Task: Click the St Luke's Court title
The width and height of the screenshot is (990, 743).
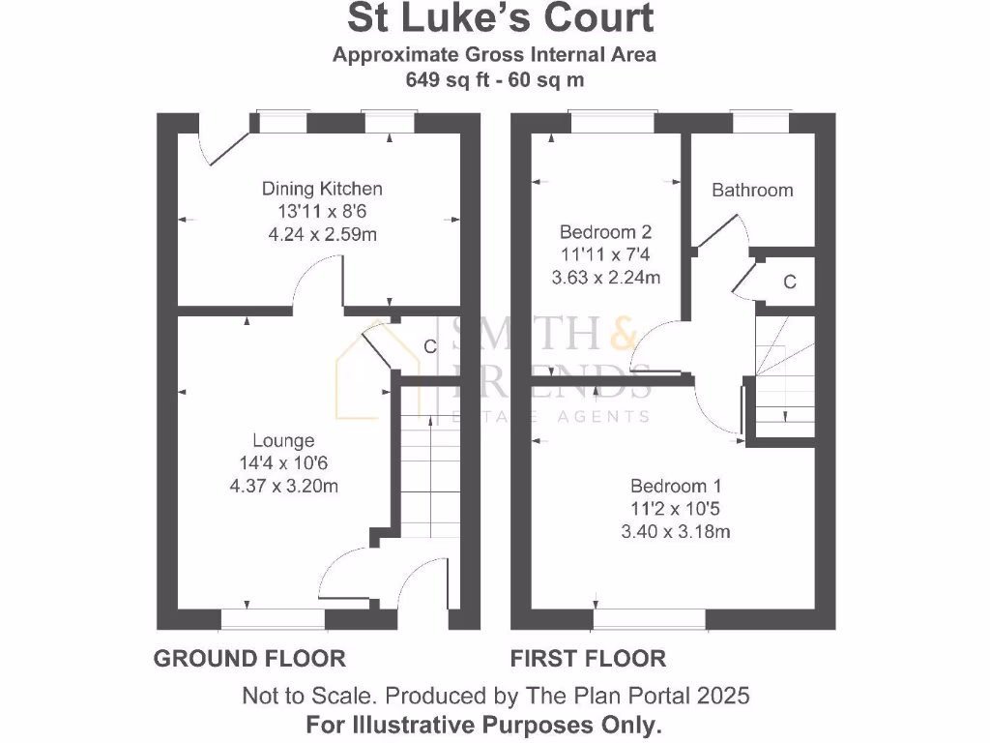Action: pos(500,18)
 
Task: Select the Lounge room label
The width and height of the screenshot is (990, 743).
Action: pos(283,441)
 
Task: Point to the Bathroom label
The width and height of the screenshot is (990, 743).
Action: pos(752,191)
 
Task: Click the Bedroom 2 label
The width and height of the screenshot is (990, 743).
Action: pos(605,232)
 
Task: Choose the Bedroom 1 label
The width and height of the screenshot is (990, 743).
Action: pos(675,486)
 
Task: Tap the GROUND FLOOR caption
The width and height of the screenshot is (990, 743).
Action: pos(249,659)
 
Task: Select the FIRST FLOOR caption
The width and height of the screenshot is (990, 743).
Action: pos(588,659)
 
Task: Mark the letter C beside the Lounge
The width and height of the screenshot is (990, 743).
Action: pos(430,345)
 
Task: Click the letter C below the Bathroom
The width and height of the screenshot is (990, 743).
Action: pos(790,282)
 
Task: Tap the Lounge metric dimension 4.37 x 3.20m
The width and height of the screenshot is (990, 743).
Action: pos(283,486)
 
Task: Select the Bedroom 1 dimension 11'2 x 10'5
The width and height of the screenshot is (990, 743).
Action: pos(675,508)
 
